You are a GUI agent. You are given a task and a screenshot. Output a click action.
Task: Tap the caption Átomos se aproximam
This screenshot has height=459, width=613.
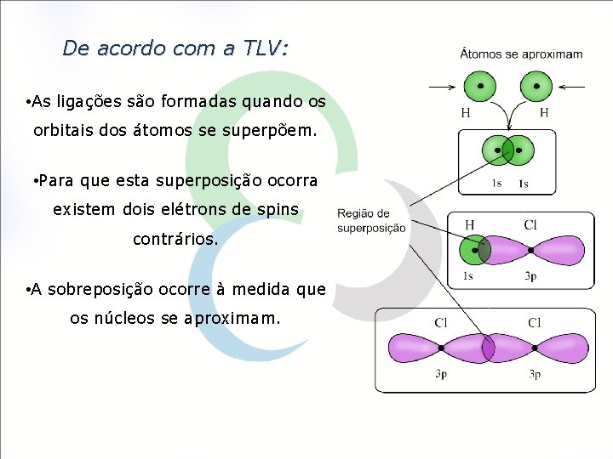(521, 54)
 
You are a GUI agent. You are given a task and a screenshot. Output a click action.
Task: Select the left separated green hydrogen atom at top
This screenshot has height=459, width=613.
(481, 87)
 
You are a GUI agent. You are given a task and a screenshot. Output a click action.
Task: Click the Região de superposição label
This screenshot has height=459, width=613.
(371, 221)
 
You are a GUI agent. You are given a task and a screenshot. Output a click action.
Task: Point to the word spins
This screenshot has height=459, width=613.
(276, 209)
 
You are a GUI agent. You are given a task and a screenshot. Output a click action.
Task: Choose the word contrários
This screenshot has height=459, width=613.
(175, 240)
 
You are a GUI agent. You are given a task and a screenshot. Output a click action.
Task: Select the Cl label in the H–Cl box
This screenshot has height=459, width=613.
(530, 225)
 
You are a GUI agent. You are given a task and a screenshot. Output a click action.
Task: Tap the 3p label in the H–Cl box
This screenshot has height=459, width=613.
(530, 275)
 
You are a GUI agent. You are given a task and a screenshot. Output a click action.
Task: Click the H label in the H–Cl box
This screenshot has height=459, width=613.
(469, 225)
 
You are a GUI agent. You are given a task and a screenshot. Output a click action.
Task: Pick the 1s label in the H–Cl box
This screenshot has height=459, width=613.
(468, 275)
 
